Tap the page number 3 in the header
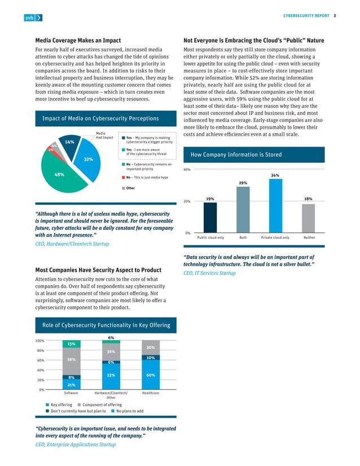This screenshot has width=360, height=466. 335,15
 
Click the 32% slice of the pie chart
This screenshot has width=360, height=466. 89,160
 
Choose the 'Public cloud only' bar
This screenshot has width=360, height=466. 210,217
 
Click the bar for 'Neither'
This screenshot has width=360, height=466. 308,218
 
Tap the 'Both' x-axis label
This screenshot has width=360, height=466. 243,238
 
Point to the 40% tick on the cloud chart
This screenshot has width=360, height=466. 187,169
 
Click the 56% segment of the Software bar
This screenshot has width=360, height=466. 72,361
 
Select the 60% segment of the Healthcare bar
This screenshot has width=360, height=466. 151,375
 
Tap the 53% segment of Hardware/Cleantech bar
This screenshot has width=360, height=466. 111,376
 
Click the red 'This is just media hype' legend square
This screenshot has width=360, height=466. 123,177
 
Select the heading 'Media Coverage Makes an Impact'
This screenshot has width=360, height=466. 80,41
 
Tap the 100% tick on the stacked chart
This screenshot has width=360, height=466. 40,341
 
